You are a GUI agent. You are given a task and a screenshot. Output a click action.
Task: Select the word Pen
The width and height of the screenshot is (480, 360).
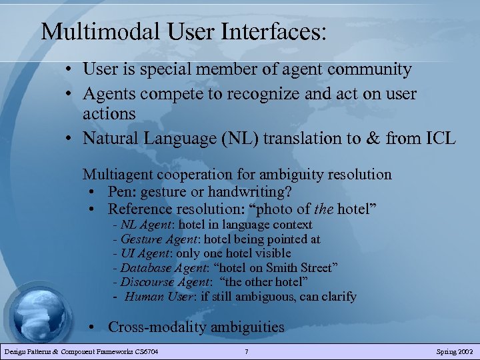tap(121, 192)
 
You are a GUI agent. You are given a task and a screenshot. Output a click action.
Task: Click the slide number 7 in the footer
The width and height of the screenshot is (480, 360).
tap(247, 351)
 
